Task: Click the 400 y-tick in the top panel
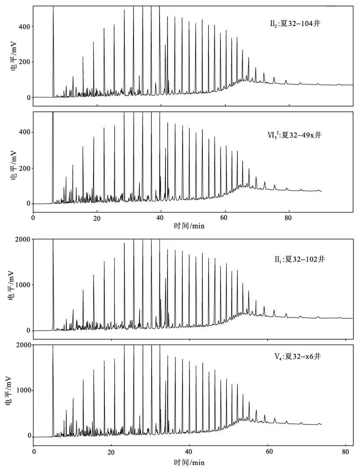coord(24,26)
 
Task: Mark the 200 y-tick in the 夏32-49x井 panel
coord(24,168)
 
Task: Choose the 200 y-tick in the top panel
coord(24,62)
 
